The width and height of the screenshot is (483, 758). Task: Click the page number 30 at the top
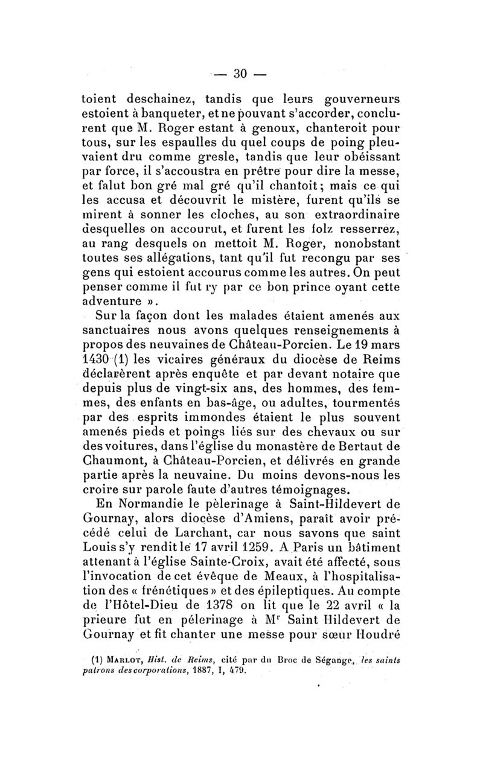[240, 74]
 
